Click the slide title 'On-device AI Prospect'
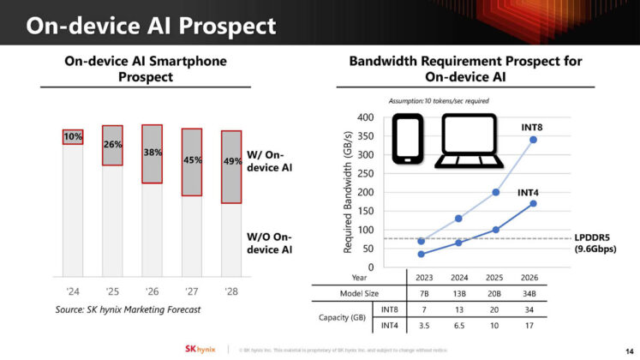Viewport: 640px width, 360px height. coord(151,25)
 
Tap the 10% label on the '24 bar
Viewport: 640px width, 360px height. coord(73,137)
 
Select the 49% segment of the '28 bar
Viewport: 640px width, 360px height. coord(231,162)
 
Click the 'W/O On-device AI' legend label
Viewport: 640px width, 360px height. coord(269,243)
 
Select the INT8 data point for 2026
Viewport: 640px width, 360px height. coord(534,140)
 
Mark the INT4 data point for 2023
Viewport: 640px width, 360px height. coord(422,254)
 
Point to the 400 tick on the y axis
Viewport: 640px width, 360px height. coord(365,117)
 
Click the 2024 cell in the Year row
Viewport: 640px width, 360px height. coord(458,278)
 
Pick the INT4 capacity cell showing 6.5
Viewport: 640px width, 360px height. coord(458,326)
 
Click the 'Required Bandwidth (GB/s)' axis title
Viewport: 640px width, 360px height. coord(349,192)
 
